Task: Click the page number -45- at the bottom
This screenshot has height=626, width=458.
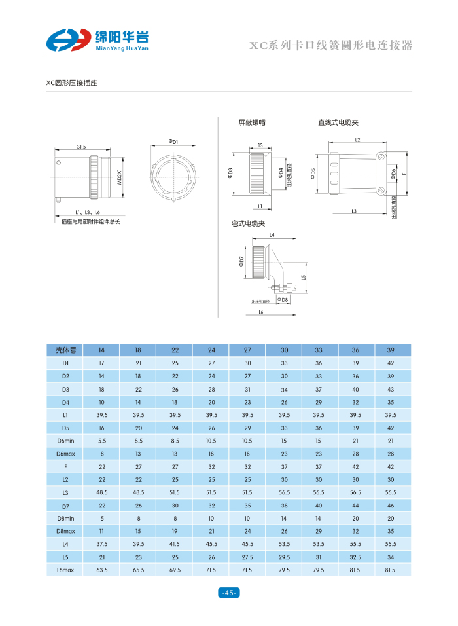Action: pos(229,593)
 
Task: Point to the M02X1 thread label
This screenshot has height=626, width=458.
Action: pos(120,176)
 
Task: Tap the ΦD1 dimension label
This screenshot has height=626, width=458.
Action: pos(173,141)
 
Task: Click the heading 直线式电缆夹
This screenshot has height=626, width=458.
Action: pos(338,122)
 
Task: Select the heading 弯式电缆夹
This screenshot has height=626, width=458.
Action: pos(248,223)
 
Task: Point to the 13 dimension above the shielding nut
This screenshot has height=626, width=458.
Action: pos(260,145)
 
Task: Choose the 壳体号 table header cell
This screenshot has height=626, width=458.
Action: pos(65,350)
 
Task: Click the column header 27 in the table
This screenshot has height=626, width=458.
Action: pos(247,350)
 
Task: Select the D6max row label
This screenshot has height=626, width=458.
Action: pos(65,454)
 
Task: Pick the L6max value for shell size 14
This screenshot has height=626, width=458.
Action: pos(102,570)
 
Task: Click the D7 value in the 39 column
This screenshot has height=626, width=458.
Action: pos(391,506)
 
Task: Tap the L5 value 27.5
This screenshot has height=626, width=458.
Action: pos(247,557)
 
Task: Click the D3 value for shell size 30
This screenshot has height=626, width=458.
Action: pos(284,390)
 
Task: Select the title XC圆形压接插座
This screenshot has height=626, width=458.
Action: pos(71,83)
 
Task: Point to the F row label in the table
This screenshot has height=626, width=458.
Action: pos(65,467)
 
